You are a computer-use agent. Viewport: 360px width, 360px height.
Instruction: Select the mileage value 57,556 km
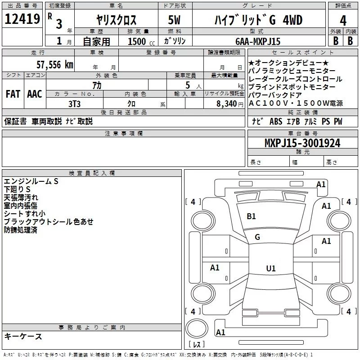54,64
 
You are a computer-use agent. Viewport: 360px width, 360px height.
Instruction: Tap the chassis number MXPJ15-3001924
302,144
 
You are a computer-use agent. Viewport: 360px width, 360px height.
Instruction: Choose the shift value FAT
13,94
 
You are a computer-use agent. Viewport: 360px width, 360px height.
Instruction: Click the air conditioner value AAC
34,94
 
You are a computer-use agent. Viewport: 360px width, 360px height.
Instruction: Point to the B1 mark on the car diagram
251,216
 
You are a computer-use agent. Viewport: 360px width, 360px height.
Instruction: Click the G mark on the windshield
257,237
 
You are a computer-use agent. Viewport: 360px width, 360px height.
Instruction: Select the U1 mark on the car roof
270,269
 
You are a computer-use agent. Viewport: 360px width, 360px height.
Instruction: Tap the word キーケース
23,336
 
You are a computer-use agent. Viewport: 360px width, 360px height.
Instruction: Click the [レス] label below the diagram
196,346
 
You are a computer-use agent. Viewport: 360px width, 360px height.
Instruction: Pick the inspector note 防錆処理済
20,230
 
